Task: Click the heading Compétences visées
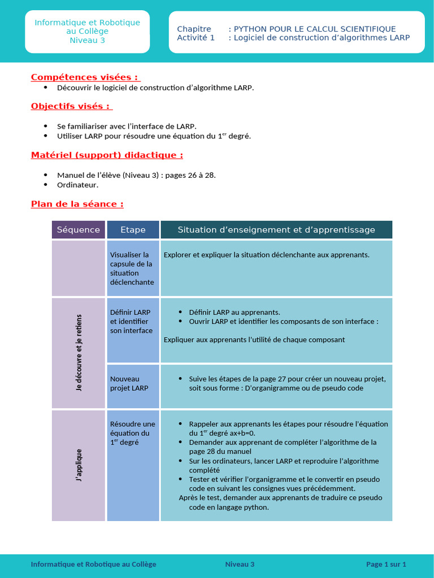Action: (x=85, y=77)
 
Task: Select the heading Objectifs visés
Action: (x=71, y=106)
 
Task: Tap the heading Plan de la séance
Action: (x=77, y=204)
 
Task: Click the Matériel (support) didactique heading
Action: (x=107, y=155)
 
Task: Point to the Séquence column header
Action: (x=79, y=230)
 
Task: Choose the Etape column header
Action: (x=133, y=230)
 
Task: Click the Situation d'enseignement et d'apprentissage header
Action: (x=276, y=230)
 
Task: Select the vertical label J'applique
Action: (x=79, y=465)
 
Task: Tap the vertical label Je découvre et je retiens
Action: (x=79, y=353)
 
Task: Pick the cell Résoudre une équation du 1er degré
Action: (x=132, y=433)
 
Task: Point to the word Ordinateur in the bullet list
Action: (x=77, y=185)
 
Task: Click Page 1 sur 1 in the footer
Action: (x=386, y=564)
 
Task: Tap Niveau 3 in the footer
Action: (x=240, y=564)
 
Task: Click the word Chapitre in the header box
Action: (x=194, y=29)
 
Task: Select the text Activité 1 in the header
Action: (x=196, y=38)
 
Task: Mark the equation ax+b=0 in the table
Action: (x=240, y=433)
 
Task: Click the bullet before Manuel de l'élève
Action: (x=45, y=175)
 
